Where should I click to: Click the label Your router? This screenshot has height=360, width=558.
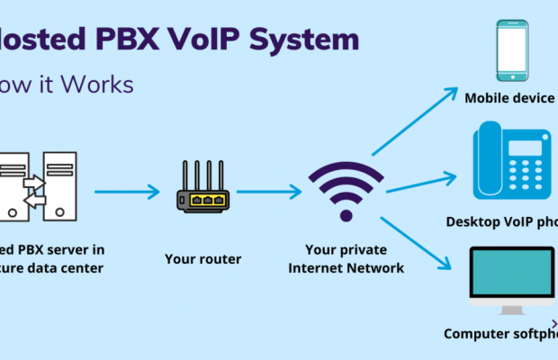point(202,259)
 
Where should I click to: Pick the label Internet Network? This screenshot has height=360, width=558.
point(346,268)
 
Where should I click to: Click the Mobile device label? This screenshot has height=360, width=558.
point(509,97)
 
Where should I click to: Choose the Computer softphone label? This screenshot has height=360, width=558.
point(500,334)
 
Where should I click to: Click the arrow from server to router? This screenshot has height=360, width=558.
point(127,192)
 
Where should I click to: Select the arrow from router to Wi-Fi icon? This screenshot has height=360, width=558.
point(268,191)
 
